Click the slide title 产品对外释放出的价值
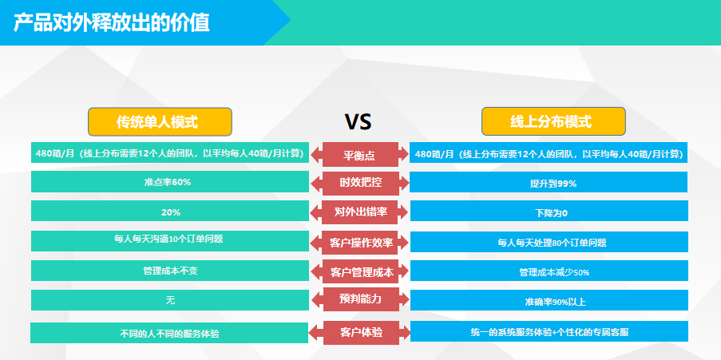pos(111,22)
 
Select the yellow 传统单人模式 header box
pos(160,122)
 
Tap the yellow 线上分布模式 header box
pos(553,121)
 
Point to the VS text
pos(359,122)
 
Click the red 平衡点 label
pos(360,155)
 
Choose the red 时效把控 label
pos(360,183)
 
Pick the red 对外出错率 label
pos(360,212)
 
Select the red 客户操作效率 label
pos(360,243)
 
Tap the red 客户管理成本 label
pos(360,271)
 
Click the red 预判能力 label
pos(360,299)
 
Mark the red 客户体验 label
pos(360,332)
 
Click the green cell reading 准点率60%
pos(170,182)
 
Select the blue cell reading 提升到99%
pos(549,182)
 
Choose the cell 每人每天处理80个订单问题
pos(549,242)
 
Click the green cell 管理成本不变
pos(170,271)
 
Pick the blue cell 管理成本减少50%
pos(549,271)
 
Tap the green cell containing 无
pos(170,300)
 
